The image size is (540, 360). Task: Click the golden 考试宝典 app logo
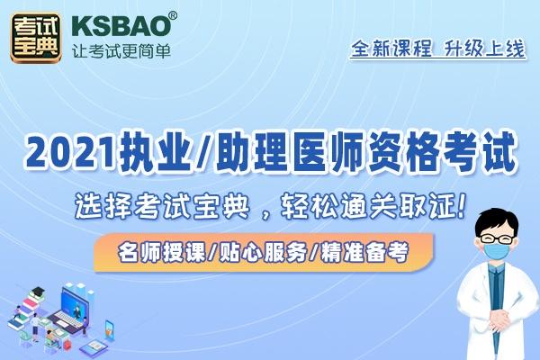(36, 38)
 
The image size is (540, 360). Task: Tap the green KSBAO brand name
(121, 26)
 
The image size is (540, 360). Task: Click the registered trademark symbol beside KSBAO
(173, 16)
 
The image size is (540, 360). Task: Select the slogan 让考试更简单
(121, 51)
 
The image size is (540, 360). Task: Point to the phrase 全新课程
(391, 49)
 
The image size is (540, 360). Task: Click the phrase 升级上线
(484, 49)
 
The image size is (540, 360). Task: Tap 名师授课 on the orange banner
(161, 253)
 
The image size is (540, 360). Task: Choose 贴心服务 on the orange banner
(263, 253)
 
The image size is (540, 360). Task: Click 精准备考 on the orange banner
(364, 253)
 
